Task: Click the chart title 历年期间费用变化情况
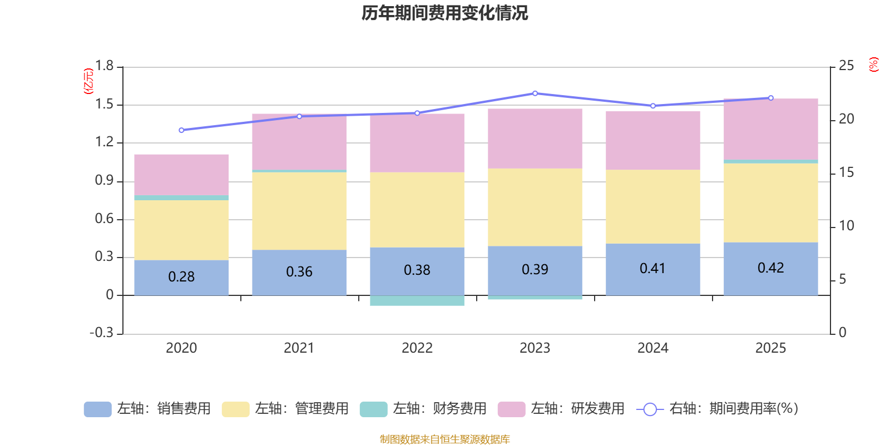[444, 13]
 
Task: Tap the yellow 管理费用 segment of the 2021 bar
[299, 211]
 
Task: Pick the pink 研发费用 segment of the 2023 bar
[535, 139]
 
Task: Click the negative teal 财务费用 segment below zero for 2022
[417, 300]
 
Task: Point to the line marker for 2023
[535, 93]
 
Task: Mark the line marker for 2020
[181, 130]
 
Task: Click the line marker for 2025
[771, 98]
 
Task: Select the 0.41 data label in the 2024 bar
[652, 269]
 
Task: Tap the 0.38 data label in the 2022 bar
[417, 270]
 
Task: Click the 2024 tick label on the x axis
[652, 348]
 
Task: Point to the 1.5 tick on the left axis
[104, 105]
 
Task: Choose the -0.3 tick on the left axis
[102, 333]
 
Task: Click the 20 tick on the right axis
[846, 119]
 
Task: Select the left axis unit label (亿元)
[88, 81]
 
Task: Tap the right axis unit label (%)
[873, 65]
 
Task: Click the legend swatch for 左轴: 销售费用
[97, 409]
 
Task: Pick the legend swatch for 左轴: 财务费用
[373, 409]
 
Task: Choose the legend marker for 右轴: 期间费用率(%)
[650, 409]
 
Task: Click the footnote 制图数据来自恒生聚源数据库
[444, 439]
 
